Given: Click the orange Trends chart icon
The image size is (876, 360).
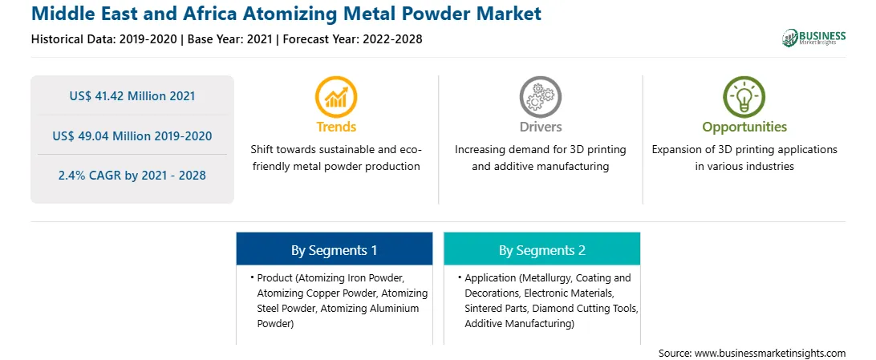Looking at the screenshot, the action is point(336,97).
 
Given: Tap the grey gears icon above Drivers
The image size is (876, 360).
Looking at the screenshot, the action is point(540,97).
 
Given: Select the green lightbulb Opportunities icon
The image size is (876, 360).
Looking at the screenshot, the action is point(744,97).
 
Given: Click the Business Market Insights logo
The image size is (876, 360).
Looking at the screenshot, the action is point(813,38).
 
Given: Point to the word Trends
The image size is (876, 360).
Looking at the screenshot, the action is point(336,127).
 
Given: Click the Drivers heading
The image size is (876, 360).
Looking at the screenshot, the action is point(540,127).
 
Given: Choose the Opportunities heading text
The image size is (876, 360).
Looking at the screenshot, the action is point(744,127).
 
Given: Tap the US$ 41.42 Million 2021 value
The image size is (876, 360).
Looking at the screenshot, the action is point(132,96).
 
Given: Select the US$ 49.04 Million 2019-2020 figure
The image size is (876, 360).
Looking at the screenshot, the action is point(132,136).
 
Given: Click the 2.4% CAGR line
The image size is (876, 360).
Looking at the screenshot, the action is point(132,176).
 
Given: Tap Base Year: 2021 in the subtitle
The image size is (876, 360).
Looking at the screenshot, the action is point(230,39).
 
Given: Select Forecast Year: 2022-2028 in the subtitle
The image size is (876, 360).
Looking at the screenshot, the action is point(351,39).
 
